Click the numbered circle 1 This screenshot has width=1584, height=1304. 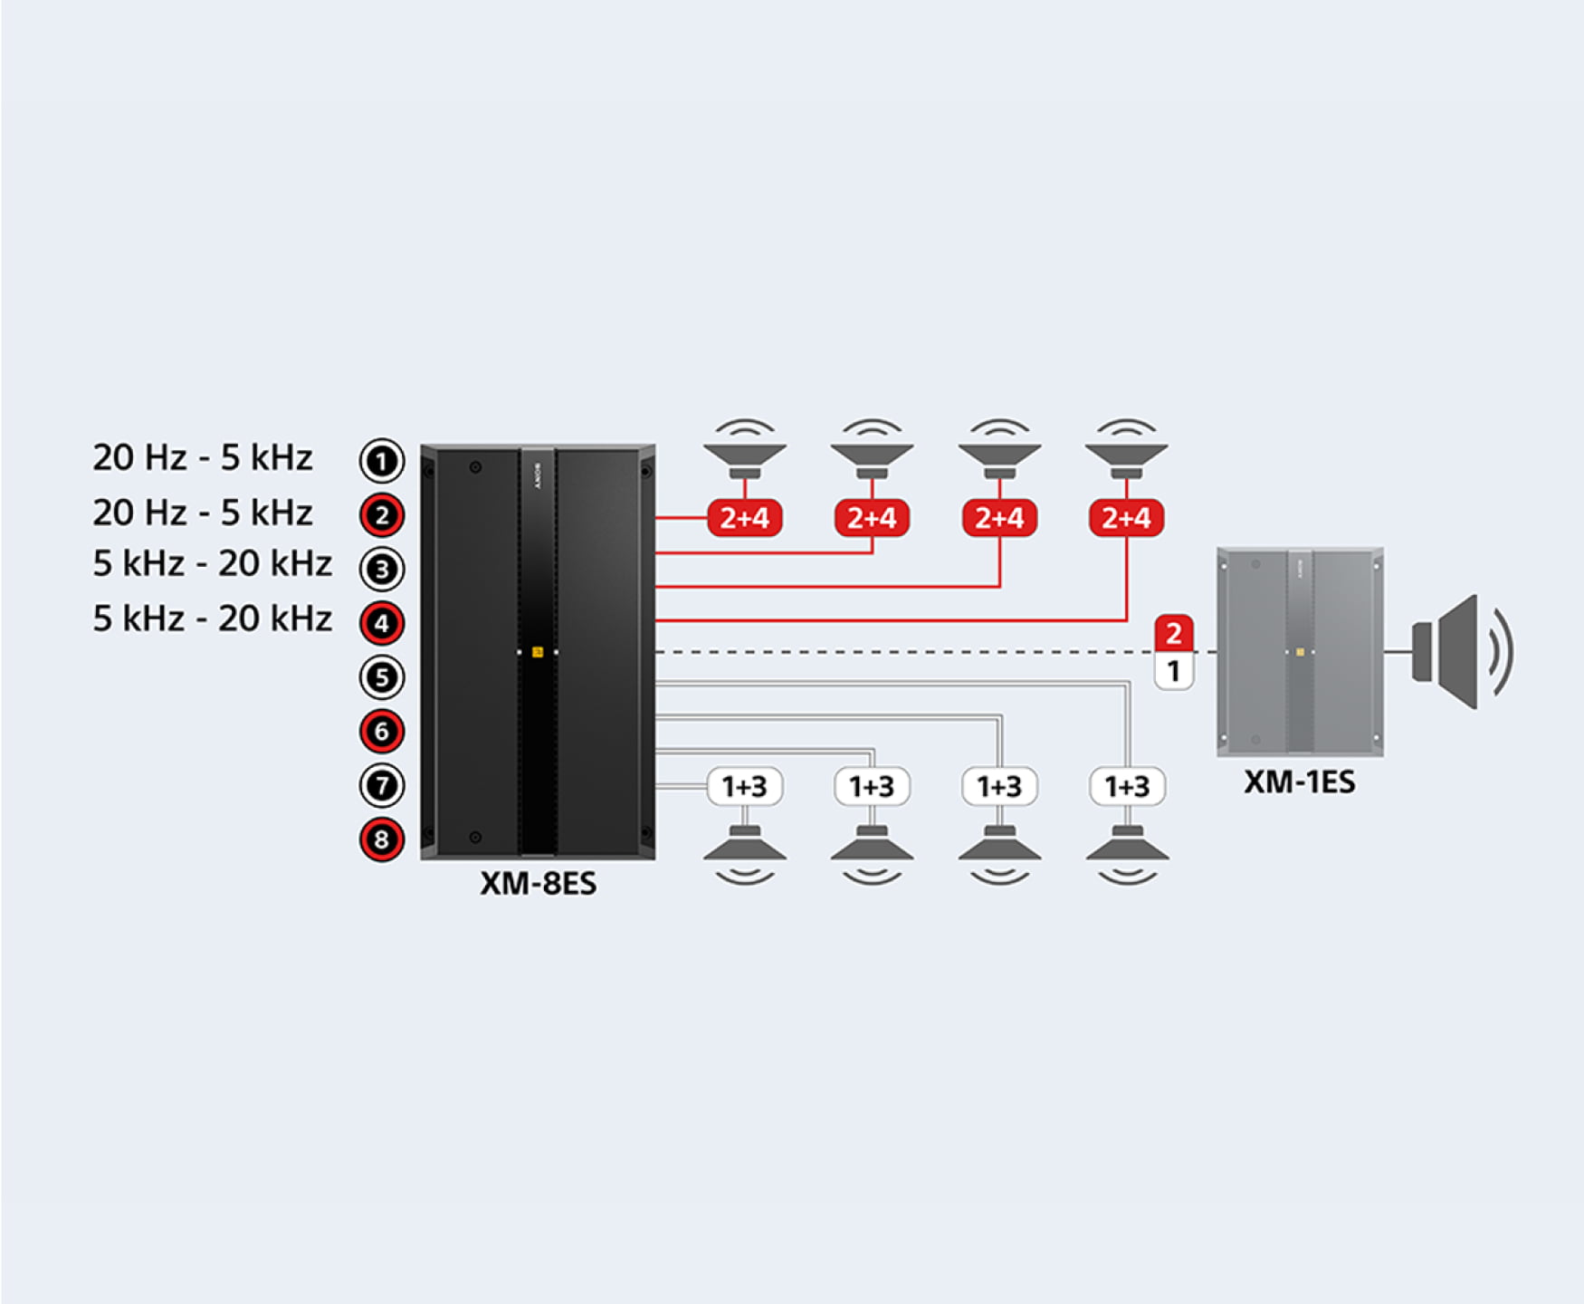point(381,461)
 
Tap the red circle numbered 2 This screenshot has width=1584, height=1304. point(381,515)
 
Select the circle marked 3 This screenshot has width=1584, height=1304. point(381,569)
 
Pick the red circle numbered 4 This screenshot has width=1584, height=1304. point(381,623)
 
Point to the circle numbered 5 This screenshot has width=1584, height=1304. point(381,677)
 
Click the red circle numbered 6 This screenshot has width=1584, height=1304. point(381,732)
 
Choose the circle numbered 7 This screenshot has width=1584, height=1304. point(381,785)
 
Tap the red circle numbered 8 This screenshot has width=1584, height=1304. point(381,839)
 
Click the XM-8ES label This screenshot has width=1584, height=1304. point(538,883)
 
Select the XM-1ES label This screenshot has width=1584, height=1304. point(1299,781)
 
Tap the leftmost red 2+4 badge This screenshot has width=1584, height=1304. point(744,518)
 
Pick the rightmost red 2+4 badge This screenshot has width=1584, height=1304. point(1126,518)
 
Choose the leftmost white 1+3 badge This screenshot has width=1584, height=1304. point(744,786)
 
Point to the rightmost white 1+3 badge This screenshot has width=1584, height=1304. point(1127,786)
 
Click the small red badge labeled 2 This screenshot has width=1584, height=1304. point(1173,633)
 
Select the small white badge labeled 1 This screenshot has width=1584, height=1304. point(1173,672)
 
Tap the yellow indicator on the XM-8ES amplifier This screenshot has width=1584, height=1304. point(538,652)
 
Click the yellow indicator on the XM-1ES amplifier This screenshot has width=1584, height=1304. point(1300,652)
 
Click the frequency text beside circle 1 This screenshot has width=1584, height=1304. point(203,458)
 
